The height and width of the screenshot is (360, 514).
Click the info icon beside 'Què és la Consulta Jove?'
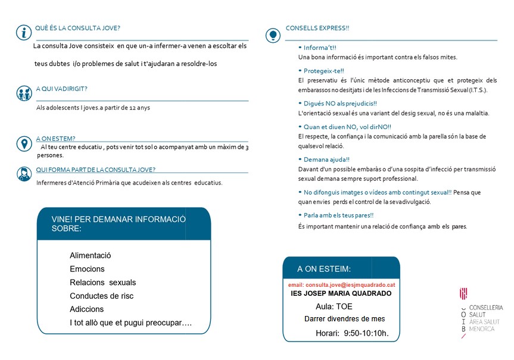[x=23, y=32]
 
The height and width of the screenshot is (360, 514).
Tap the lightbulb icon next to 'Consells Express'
[x=273, y=35]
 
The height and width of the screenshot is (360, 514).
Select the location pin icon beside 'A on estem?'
[x=24, y=144]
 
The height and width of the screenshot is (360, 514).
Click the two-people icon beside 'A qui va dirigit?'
[x=24, y=94]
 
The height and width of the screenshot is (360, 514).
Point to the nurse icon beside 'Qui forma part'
[x=24, y=174]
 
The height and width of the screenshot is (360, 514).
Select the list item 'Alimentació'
[x=91, y=255]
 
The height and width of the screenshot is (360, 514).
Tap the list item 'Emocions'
[x=87, y=269]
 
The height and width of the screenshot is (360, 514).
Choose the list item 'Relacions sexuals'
[x=102, y=283]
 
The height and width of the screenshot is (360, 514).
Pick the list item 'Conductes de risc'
[x=101, y=296]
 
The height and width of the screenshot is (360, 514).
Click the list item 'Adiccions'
[x=86, y=309]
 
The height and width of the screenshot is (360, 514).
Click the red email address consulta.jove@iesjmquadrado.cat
[x=341, y=285]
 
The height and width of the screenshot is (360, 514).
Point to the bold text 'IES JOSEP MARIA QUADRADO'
[x=341, y=293]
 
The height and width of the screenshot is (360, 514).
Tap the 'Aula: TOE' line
[x=334, y=306]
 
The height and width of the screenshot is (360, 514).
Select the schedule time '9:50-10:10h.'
[x=366, y=333]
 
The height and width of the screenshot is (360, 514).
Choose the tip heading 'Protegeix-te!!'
[x=323, y=71]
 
